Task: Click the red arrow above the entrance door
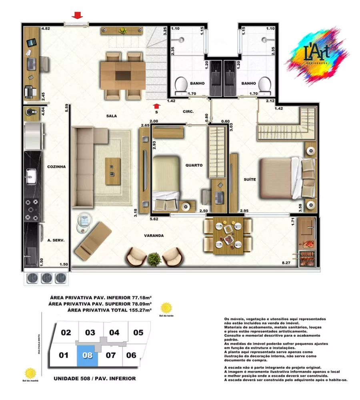[77, 16]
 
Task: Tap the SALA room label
[111, 116]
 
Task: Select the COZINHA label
[56, 166]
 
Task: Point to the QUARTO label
[194, 165]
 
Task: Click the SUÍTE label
[250, 180]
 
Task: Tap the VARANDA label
[154, 236]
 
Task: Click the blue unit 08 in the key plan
[89, 355]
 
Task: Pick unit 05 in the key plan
[138, 332]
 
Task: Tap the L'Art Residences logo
[318, 54]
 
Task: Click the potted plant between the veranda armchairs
[154, 259]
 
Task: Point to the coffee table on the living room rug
[112, 171]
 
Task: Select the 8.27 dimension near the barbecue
[286, 263]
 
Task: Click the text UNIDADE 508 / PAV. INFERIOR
[94, 378]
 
